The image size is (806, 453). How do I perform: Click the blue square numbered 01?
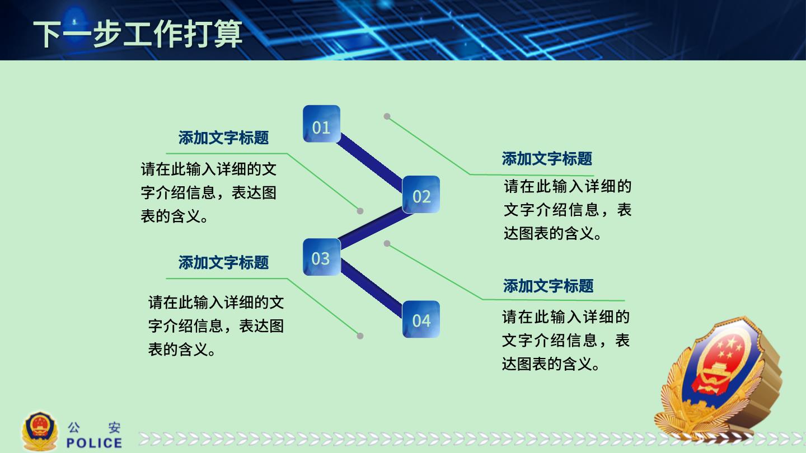321,124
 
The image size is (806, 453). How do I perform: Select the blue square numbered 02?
421,195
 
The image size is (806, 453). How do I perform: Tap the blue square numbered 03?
321,257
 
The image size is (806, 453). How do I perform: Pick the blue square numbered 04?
421,319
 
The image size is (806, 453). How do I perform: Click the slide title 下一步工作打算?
138,34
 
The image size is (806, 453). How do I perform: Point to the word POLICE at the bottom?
94,443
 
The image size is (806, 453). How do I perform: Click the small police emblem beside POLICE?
40,431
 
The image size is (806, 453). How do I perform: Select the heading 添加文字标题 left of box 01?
223,138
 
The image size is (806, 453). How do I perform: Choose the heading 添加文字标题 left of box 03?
223,262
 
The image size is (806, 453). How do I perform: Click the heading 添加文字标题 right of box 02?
547,159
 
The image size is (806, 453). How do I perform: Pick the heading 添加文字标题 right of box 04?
549,286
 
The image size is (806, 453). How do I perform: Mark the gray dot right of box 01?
387,116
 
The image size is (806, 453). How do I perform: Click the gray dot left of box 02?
360,211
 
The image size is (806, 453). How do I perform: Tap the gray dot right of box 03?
387,243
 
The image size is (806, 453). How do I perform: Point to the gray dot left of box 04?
360,336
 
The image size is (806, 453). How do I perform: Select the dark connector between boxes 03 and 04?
371,287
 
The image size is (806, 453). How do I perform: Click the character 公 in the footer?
74,427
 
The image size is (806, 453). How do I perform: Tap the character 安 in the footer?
114,427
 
